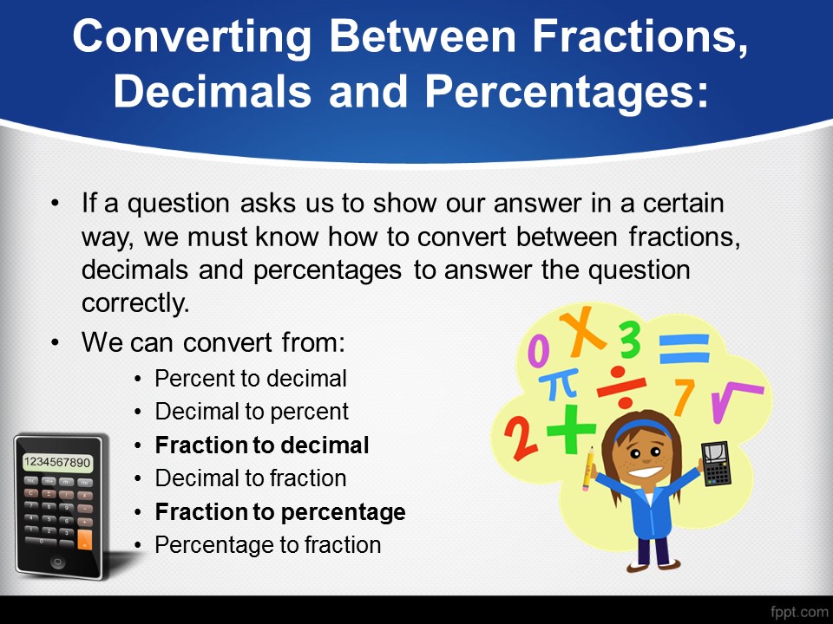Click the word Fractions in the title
click(x=640, y=36)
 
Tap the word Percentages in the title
click(x=567, y=91)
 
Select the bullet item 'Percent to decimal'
click(x=251, y=379)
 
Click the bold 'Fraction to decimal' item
click(x=262, y=445)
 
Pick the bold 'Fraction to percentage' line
click(x=280, y=512)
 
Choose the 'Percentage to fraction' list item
click(x=268, y=545)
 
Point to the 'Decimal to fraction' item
click(x=251, y=478)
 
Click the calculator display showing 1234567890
click(x=57, y=462)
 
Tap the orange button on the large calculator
click(x=84, y=540)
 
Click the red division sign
click(x=621, y=387)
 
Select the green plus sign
click(x=571, y=429)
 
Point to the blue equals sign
click(x=685, y=348)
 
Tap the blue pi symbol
click(x=558, y=384)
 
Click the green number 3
click(x=630, y=340)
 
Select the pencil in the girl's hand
click(x=587, y=470)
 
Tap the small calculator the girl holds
click(x=716, y=463)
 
